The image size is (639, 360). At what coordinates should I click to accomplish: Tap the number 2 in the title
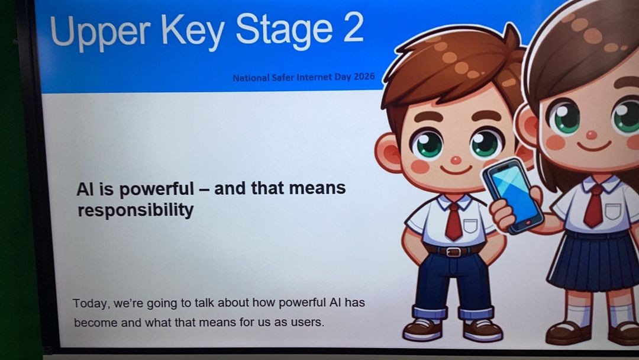(353, 28)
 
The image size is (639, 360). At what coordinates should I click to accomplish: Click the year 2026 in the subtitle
(364, 76)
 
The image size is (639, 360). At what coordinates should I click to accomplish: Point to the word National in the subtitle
(251, 78)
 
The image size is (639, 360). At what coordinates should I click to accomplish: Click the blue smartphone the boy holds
(512, 195)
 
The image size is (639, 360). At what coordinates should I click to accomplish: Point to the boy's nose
(455, 160)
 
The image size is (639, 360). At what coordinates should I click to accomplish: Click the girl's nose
(591, 135)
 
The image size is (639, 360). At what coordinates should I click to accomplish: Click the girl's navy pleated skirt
(593, 261)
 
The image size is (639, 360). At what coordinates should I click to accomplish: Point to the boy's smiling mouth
(456, 170)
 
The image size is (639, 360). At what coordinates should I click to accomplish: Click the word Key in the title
(193, 32)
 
